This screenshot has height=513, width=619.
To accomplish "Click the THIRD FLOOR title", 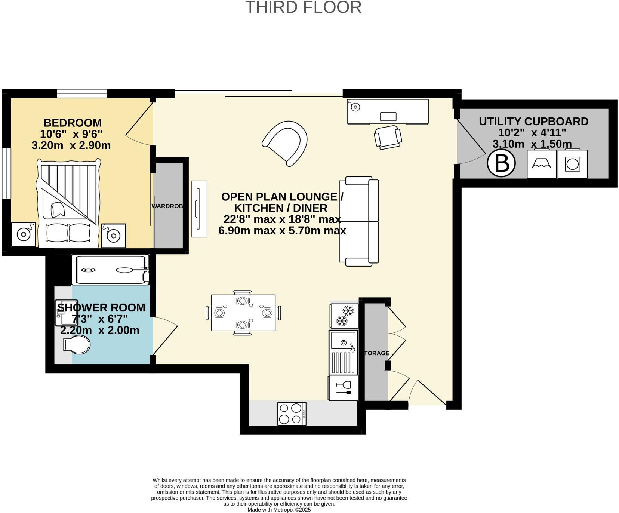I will click(x=303, y=7).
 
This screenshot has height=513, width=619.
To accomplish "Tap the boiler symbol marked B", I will click(x=501, y=163).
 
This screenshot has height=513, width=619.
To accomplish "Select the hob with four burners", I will click(x=292, y=414).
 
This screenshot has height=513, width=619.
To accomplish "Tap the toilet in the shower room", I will click(x=77, y=344).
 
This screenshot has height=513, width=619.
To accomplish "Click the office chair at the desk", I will click(x=388, y=137).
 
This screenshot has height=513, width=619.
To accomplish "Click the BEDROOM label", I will click(x=73, y=123).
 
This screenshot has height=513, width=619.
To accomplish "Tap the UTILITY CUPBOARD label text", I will click(x=533, y=122).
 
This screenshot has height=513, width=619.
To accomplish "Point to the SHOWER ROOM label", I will click(x=101, y=308).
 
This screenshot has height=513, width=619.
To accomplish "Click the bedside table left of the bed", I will click(x=24, y=234).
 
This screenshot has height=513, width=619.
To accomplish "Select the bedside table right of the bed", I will click(x=114, y=235).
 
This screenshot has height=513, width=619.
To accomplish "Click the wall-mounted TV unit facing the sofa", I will click(x=199, y=209).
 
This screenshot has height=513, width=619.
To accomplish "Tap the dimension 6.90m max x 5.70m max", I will click(x=282, y=231).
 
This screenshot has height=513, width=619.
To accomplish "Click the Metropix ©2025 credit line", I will click(x=279, y=510).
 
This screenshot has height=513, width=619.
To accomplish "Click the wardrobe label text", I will click(x=167, y=206).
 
